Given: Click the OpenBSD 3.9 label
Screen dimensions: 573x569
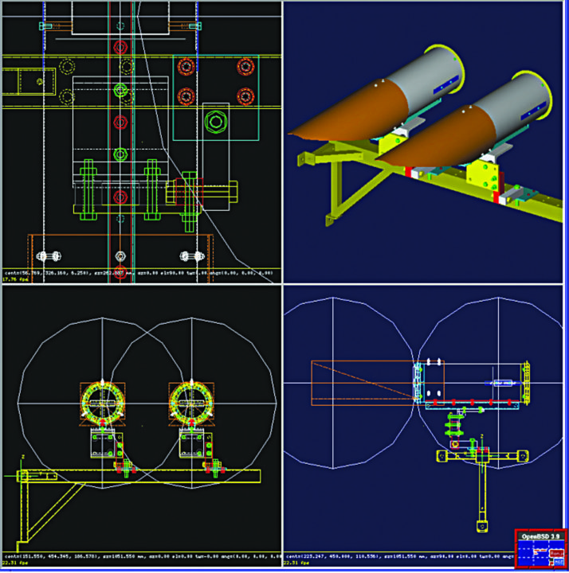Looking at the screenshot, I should point(540,536).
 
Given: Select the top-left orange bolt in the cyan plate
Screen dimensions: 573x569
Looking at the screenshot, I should point(186,66).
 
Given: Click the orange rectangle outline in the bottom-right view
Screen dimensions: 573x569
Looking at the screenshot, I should point(359,382).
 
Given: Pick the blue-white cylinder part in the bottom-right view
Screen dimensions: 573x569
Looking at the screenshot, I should point(502,384).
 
